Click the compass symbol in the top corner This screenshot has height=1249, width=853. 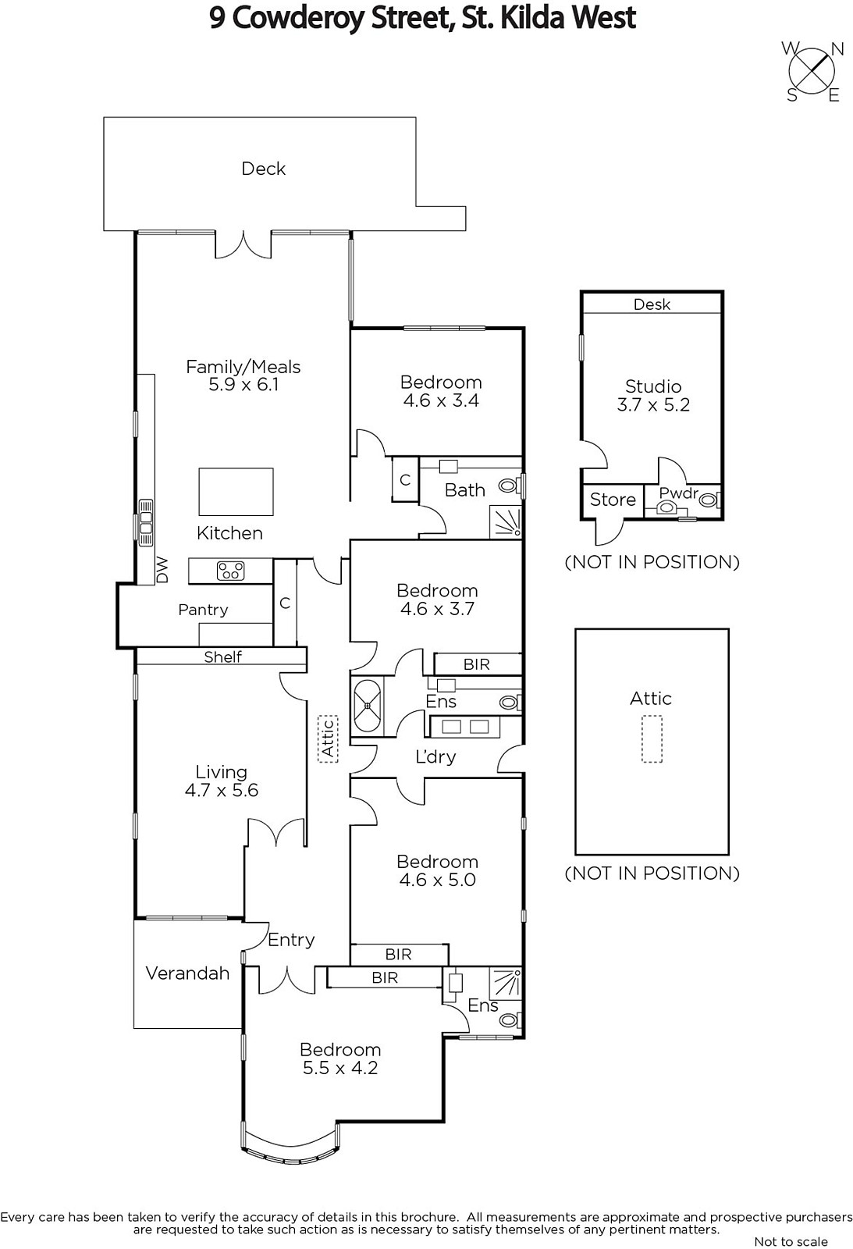[x=812, y=71]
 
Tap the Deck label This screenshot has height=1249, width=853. [x=263, y=169]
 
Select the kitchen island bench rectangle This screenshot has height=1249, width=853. [x=236, y=491]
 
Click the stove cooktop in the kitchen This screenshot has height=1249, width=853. [x=231, y=571]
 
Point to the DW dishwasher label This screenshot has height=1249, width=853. [x=162, y=569]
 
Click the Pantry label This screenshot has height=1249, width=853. [x=203, y=610]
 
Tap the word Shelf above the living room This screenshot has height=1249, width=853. [x=222, y=657]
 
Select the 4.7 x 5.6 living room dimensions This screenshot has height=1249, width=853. [x=222, y=790]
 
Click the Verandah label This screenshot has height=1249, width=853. [x=187, y=973]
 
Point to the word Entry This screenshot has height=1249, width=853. [x=291, y=940]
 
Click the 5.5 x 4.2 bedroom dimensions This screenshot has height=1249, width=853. [x=340, y=1068]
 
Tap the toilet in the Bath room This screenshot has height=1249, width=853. [x=507, y=486]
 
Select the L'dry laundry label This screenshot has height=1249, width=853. [x=435, y=756]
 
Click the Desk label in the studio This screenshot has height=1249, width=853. [x=652, y=304]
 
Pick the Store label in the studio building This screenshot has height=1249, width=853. [x=613, y=500]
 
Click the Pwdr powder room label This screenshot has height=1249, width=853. [x=678, y=493]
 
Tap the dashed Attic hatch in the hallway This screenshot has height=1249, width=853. [x=328, y=738]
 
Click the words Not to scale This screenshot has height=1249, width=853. [x=791, y=1241]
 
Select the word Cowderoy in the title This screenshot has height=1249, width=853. [x=299, y=18]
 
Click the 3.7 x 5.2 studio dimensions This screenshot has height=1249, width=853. [x=653, y=404]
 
